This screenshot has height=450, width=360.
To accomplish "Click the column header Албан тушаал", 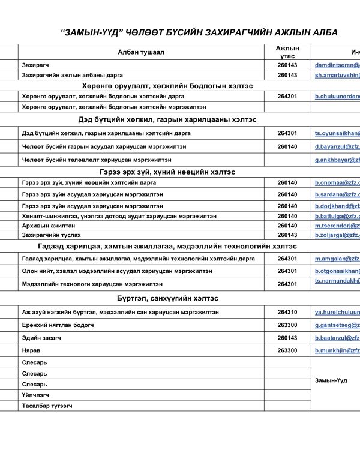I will click(141, 52).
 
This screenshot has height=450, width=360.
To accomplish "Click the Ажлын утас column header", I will click(287, 52).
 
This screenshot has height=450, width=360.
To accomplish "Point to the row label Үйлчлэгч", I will click(35, 395).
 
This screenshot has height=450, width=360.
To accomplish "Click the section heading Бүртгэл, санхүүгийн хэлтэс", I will click(167, 298).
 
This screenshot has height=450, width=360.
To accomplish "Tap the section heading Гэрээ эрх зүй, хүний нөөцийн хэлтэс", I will click(167, 172).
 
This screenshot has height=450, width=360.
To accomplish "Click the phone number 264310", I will click(287, 312).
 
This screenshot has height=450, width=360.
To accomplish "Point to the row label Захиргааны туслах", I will click(51, 235).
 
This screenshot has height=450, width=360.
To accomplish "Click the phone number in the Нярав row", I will click(287, 350).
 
